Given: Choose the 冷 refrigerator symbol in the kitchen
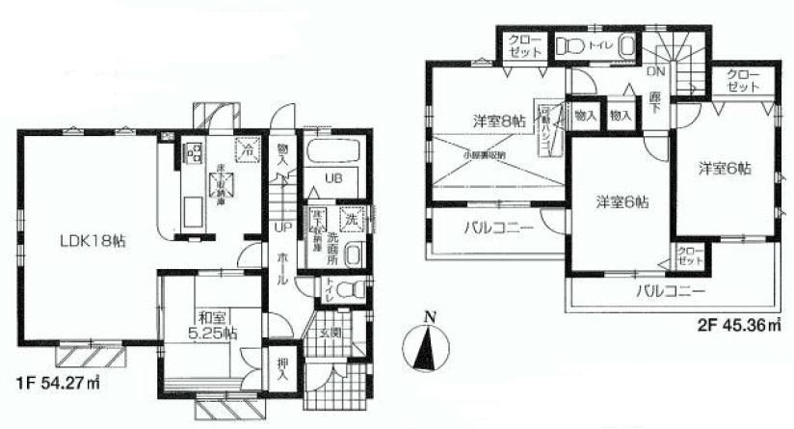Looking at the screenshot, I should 247,149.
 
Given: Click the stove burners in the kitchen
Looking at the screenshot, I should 193,152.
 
